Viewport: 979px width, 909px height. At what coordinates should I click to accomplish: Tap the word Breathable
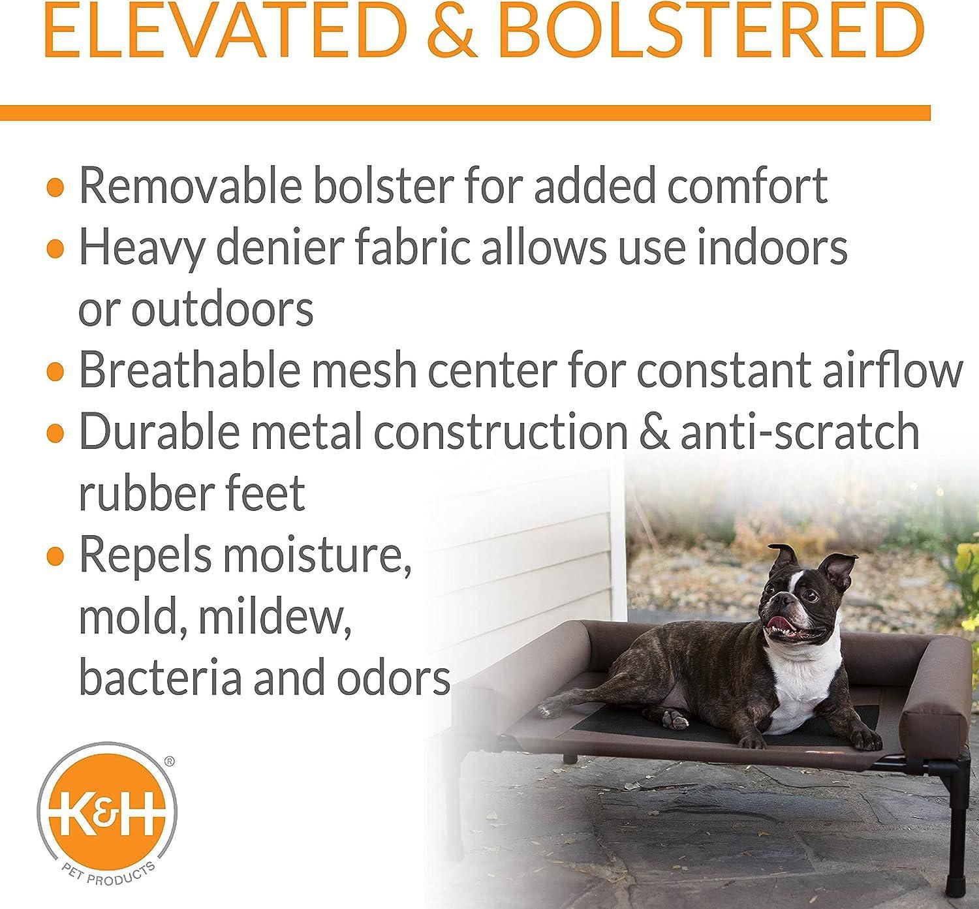(189, 370)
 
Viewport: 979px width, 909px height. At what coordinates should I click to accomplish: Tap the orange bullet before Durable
(57, 431)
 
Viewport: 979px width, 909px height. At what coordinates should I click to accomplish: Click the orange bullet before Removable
(57, 187)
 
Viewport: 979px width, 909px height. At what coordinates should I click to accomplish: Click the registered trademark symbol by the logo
(168, 761)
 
